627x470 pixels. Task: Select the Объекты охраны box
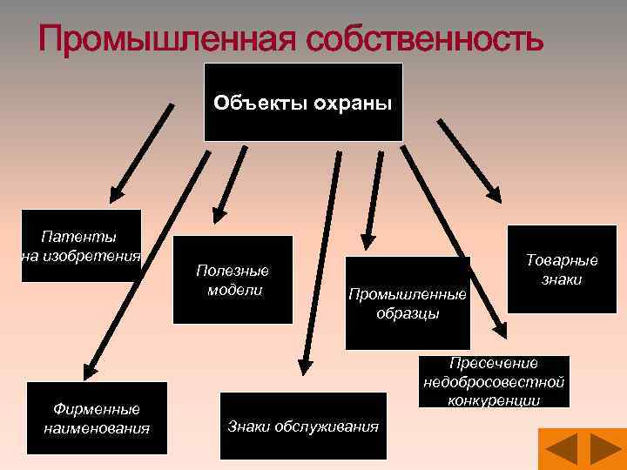(x=303, y=102)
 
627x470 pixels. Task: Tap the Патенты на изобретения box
(x=80, y=245)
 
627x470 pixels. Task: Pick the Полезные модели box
(x=233, y=279)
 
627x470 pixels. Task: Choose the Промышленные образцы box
(x=408, y=302)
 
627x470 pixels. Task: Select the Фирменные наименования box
(x=96, y=418)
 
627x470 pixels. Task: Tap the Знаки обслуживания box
(x=303, y=426)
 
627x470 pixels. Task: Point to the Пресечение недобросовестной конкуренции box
(x=494, y=381)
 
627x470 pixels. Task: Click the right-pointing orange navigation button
(x=604, y=450)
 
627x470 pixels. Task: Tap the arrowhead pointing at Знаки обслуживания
(x=304, y=366)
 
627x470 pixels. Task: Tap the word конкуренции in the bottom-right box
(x=494, y=400)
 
